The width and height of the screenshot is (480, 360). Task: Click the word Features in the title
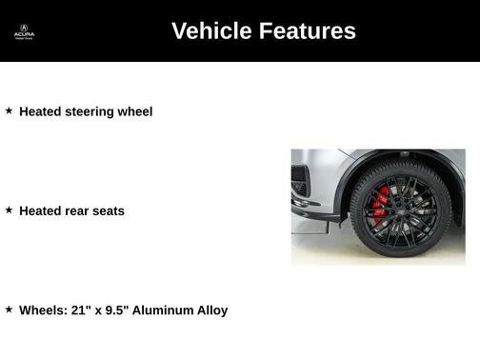coord(306,31)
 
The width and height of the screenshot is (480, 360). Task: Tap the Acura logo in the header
coord(24,32)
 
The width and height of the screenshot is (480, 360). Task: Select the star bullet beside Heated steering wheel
coord(10,110)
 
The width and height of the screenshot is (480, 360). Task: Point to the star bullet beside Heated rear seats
coord(10,210)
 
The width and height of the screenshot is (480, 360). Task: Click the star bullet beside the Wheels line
coord(10,309)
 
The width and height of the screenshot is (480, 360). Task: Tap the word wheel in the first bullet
coord(134,111)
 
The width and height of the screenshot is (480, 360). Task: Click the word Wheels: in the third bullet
coord(43,310)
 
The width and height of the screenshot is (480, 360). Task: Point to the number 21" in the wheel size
coord(82,310)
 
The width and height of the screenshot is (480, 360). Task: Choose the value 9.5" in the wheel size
coord(121,310)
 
